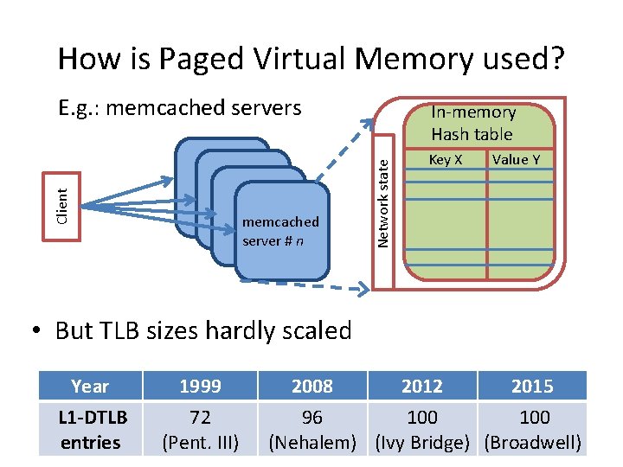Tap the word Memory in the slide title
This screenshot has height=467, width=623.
tap(409, 59)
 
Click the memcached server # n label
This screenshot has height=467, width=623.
tap(279, 231)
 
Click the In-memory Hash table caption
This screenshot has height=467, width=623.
tap(472, 123)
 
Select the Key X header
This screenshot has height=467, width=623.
tap(446, 160)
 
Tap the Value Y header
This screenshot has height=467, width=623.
tap(516, 160)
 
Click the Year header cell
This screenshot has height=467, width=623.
tap(90, 386)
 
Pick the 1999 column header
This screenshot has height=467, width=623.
tap(200, 386)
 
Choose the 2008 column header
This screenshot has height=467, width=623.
tap(312, 386)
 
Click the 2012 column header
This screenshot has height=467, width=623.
tap(422, 386)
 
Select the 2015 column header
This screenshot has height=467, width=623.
tap(532, 386)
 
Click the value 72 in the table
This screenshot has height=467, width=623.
tap(200, 418)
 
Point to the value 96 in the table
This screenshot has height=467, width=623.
tap(312, 418)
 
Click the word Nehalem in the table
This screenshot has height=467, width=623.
tap(312, 443)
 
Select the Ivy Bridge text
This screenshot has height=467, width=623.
tap(422, 443)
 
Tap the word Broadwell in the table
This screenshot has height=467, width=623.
tap(532, 443)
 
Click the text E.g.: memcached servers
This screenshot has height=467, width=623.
tap(179, 108)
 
